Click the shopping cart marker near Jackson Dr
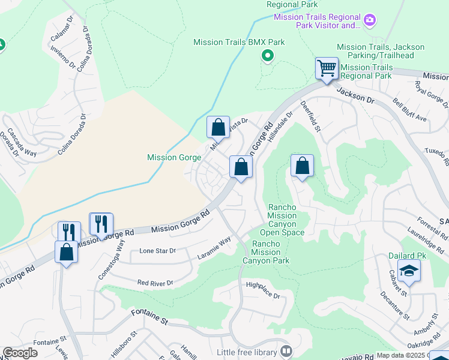click(327, 68)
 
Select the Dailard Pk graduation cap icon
click(409, 271)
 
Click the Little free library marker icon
click(286, 352)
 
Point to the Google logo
click(20, 353)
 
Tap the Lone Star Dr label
click(157, 250)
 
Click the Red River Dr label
click(155, 282)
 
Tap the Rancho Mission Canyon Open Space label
click(282, 220)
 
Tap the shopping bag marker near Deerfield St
click(302, 166)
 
